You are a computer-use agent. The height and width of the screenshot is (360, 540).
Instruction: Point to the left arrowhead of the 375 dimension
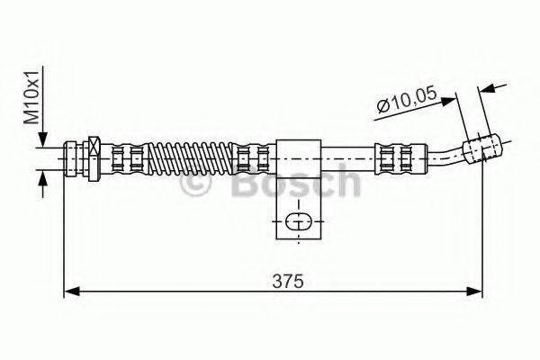coord(71,291)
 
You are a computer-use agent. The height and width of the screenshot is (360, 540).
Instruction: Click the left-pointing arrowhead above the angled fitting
coord(487,87)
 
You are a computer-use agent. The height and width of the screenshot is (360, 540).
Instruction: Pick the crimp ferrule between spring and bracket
coord(252,157)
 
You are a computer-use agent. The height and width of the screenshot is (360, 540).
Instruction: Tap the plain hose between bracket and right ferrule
coord(346,157)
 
